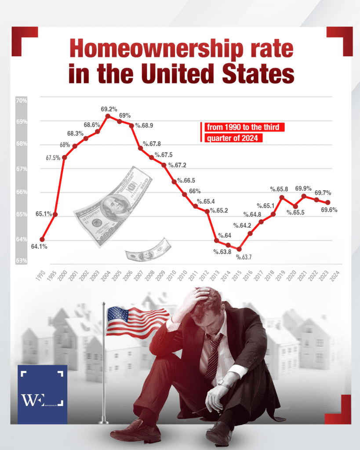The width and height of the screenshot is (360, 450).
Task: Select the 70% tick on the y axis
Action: pos(22,100)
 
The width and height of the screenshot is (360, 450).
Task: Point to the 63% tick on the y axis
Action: pos(22,261)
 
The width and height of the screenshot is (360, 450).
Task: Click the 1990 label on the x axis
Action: pos(41,276)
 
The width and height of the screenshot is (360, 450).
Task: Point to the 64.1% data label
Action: pos(39,247)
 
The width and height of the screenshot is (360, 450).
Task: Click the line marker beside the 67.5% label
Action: pos(65,157)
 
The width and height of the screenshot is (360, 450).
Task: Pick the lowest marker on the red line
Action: pos(239,249)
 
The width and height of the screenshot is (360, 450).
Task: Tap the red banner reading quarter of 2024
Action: pos(233,138)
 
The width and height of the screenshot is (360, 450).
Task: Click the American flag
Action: pos(137,321)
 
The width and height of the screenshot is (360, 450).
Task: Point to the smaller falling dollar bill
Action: pos(148,251)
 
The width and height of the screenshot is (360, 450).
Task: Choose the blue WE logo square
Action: pos(42,394)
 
